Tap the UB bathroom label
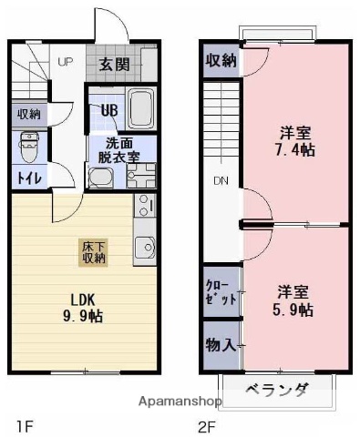coord(108,111)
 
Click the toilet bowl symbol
coord(28,144)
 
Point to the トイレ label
coord(26,178)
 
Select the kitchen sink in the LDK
coord(145,247)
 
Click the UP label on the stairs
coord(66,62)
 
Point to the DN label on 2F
coord(221,180)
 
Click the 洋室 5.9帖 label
coord(295,301)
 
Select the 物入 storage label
coord(221,345)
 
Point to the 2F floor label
coord(207,424)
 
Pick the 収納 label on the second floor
coord(220,62)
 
